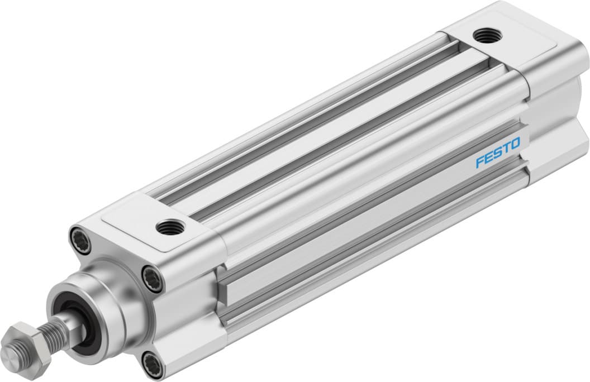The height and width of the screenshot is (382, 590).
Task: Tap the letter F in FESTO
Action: click(x=479, y=163)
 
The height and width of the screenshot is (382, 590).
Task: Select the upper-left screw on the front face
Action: click(x=79, y=240)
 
